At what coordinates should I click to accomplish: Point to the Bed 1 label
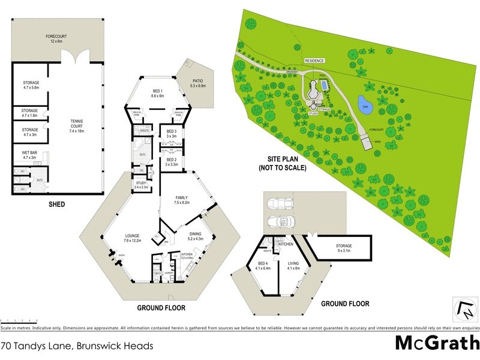(158, 94)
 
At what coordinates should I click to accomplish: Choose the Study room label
(142, 185)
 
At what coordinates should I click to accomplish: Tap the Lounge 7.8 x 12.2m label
(132, 238)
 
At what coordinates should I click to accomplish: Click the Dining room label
(196, 236)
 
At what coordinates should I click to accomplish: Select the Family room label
(182, 200)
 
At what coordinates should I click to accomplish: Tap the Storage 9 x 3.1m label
(344, 248)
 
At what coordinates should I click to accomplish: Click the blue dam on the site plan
(365, 106)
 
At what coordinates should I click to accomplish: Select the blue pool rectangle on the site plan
(324, 85)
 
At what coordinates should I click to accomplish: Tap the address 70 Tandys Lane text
(77, 346)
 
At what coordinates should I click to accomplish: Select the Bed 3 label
(171, 134)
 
